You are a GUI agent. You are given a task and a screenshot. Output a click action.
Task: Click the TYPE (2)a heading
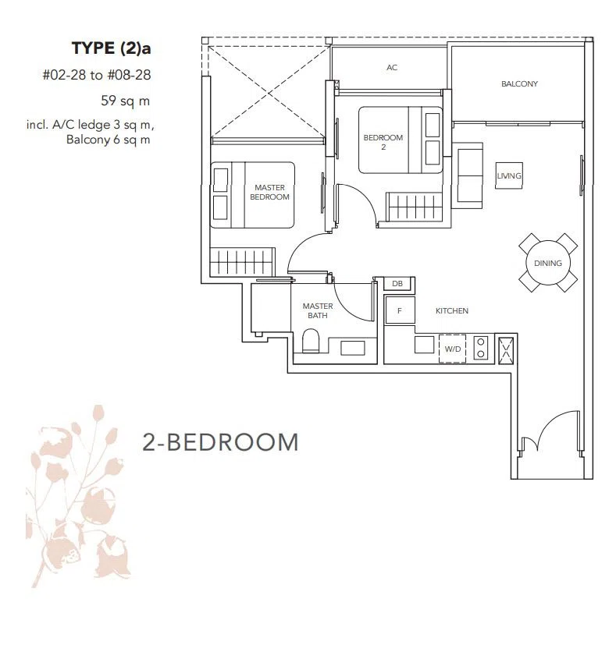click(x=111, y=48)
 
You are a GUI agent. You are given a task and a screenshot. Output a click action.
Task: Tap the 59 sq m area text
click(x=125, y=101)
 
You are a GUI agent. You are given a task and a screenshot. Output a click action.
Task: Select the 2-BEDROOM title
click(x=221, y=442)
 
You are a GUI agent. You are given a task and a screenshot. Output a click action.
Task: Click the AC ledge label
click(x=392, y=67)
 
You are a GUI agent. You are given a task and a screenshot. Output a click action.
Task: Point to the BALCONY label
click(x=519, y=84)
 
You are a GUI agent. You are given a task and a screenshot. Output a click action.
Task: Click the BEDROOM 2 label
click(x=383, y=142)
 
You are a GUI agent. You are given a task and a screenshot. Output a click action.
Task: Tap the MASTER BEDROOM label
click(x=269, y=193)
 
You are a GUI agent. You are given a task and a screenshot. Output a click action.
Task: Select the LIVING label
click(x=508, y=176)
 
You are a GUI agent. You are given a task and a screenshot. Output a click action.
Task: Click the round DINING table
click(x=548, y=263)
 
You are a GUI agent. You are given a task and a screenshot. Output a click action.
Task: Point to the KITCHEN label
click(x=451, y=310)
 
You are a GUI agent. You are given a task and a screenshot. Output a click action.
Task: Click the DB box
click(x=397, y=284)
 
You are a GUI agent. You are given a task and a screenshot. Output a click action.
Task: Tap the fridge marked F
click(x=400, y=310)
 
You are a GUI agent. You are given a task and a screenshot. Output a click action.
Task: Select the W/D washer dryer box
click(x=452, y=349)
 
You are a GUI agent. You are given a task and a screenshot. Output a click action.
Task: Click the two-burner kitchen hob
click(x=481, y=348)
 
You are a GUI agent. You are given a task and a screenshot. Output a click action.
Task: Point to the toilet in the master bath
click(x=310, y=341)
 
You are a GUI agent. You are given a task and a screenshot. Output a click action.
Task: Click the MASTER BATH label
click(x=318, y=310)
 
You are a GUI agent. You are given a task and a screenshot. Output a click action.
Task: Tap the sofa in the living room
click(x=468, y=175)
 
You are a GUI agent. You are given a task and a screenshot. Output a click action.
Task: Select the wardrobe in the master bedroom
click(x=242, y=262)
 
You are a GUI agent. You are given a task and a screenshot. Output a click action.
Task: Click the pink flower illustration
click(x=78, y=496)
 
